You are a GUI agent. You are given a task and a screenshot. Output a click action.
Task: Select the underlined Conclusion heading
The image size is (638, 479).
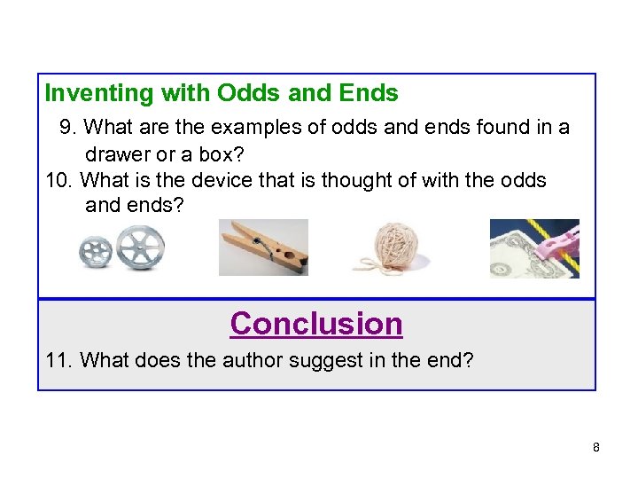[x=316, y=324]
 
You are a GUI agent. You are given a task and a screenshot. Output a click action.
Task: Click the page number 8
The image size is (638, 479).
[x=596, y=447]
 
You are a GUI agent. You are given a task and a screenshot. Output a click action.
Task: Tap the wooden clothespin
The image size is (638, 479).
[x=264, y=248]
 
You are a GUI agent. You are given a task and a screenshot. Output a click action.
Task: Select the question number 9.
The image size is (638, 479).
[x=66, y=128]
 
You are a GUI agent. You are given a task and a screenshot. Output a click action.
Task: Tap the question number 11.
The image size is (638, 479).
[x=58, y=361]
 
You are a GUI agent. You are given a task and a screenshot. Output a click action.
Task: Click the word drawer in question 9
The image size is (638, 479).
[x=116, y=154]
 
